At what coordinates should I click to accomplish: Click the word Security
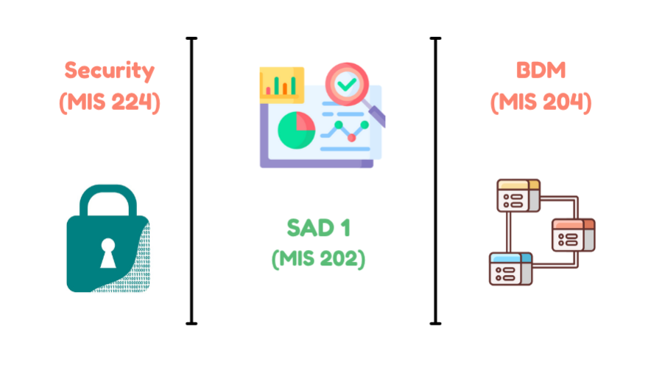tap(110, 71)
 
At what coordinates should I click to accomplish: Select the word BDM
tap(540, 71)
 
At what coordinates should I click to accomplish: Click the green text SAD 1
tap(318, 228)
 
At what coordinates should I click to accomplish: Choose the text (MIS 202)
tap(318, 259)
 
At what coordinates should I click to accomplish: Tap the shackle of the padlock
tap(108, 200)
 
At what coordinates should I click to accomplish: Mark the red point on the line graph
tap(352, 137)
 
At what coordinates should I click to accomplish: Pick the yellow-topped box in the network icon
tap(518, 193)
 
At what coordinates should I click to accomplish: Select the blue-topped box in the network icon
tap(510, 269)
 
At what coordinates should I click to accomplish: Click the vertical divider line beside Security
tap(192, 181)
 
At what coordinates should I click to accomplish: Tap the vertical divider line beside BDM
tap(435, 181)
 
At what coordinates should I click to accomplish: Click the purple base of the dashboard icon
tap(317, 163)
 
